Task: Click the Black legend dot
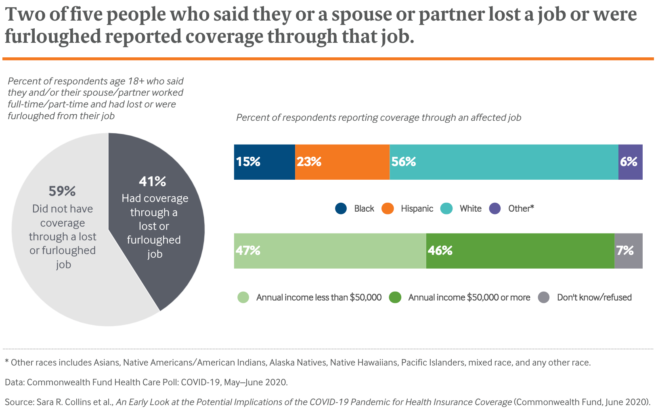pos(341,208)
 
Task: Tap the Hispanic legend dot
pos(388,208)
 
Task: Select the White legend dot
pos(446,208)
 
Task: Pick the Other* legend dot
pos(495,208)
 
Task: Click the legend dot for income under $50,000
pos(243,298)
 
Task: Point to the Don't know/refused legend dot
pos(544,298)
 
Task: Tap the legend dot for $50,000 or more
pos(395,298)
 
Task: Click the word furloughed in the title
pos(52,36)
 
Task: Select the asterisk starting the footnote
pos(7,361)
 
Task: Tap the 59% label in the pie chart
pos(62,191)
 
